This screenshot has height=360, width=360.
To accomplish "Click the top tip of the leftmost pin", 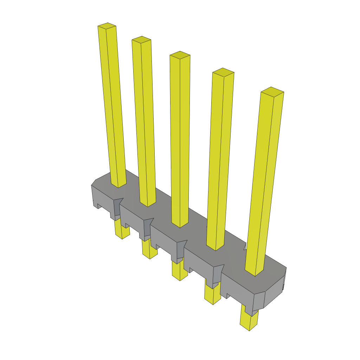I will (107, 26).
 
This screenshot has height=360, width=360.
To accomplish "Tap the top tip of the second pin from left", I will (141, 39).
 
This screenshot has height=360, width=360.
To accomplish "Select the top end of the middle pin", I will (180, 54).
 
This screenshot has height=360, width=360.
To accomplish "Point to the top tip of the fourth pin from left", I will (223, 72).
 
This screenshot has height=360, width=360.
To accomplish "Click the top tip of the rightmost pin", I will (272, 91).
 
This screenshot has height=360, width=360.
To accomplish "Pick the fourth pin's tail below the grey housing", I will (213, 295).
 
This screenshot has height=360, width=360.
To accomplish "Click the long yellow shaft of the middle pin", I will (180, 141).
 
